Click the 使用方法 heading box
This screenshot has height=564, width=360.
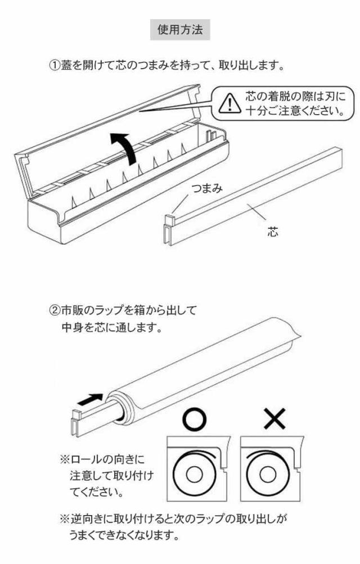tap(180, 30)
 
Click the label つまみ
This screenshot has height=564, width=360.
tap(206, 189)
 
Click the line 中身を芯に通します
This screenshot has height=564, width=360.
tap(112, 327)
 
